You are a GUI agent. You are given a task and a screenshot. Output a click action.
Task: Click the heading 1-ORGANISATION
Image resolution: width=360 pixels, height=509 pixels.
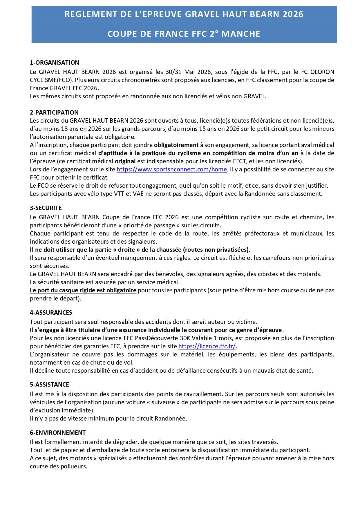coord(55,63)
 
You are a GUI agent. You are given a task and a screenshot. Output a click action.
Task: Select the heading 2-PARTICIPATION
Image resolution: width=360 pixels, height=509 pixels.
coord(54,113)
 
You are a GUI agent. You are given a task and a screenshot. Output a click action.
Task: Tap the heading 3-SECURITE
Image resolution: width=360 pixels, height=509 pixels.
coord(46,208)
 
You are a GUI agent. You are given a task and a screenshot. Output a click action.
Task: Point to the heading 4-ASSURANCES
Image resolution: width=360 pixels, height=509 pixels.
coord(51,313)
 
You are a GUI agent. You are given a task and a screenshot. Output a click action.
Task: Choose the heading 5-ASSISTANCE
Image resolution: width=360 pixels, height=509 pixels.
coord(49,385)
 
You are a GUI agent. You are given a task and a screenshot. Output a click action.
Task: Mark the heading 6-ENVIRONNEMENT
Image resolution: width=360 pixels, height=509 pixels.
coord(58,433)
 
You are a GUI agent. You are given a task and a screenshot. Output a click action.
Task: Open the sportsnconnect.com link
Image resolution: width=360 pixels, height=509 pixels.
coord(172,169)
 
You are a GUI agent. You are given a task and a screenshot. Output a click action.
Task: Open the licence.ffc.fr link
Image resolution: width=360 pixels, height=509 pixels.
coord(207,346)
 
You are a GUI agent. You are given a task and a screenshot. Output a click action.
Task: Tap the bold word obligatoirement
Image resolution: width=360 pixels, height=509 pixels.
coord(176,145)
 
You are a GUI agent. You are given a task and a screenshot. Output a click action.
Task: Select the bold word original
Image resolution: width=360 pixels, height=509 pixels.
coord(125,161)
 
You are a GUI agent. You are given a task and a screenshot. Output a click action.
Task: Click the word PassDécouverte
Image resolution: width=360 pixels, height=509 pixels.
coord(157,338)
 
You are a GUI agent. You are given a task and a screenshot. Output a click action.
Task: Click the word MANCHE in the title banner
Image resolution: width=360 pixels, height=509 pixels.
coord(241,34)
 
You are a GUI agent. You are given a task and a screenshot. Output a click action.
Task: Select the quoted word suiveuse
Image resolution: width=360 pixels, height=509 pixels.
coord(163,402)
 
